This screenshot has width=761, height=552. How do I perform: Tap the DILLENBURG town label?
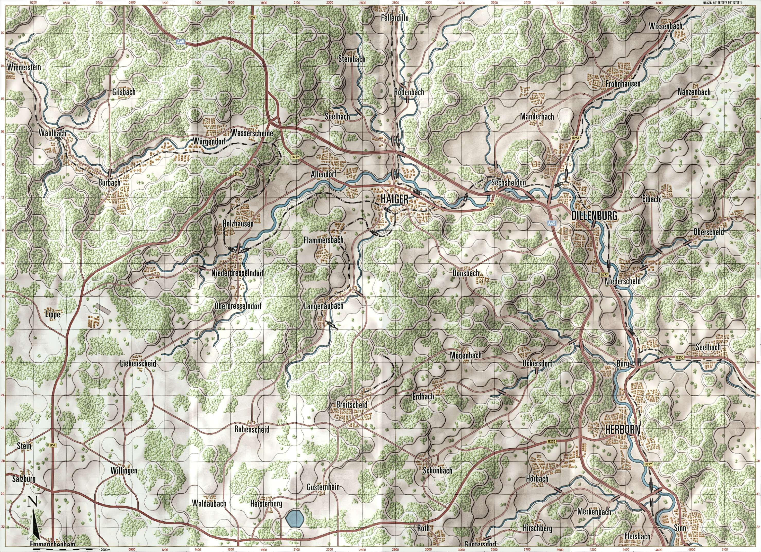click(x=594, y=216)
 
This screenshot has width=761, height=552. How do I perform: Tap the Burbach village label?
click(x=109, y=183)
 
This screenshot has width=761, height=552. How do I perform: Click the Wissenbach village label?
click(x=666, y=26)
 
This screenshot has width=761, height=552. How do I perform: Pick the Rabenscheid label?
click(x=252, y=429)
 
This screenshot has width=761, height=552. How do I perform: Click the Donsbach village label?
click(x=465, y=273)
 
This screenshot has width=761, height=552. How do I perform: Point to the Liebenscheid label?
click(x=138, y=363)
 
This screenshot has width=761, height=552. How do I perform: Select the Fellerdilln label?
click(x=395, y=18)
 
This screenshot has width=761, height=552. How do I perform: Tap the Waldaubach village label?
click(x=209, y=504)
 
